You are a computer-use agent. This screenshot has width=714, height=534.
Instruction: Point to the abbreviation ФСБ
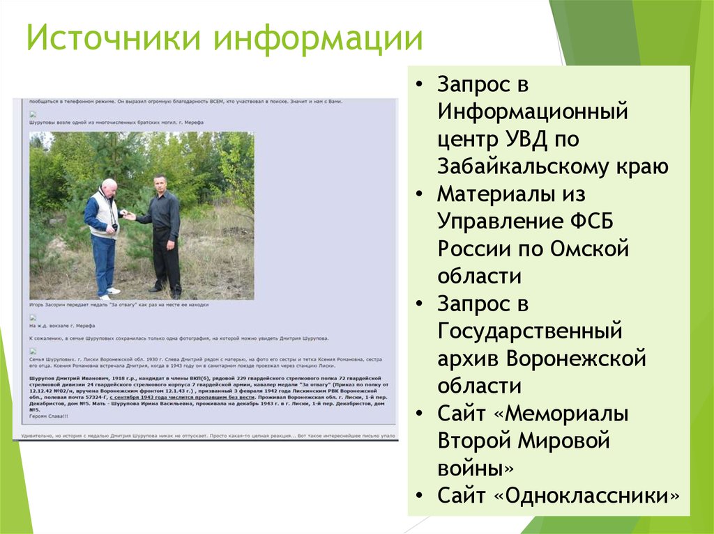594,221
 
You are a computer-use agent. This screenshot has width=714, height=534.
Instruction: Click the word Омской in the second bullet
589,249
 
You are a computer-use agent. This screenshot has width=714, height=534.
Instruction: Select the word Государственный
529,331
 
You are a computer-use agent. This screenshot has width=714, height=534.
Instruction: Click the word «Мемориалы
562,414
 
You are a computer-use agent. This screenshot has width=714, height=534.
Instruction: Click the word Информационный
533,112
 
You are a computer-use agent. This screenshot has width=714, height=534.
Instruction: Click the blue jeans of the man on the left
103,261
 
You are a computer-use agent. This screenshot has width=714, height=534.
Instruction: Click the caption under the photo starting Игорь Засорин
119,305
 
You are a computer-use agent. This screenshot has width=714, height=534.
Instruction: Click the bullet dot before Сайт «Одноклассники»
418,496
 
